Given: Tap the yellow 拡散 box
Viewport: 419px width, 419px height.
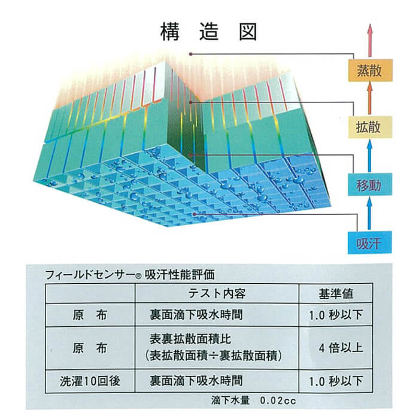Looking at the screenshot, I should (x=369, y=126).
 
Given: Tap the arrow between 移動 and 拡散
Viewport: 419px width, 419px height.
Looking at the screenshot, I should (x=369, y=155).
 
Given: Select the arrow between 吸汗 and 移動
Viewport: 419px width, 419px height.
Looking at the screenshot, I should (x=369, y=214).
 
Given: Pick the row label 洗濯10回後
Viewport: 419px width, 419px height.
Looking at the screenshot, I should (x=90, y=381).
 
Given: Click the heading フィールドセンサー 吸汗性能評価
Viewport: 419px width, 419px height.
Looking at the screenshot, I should (x=130, y=275).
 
